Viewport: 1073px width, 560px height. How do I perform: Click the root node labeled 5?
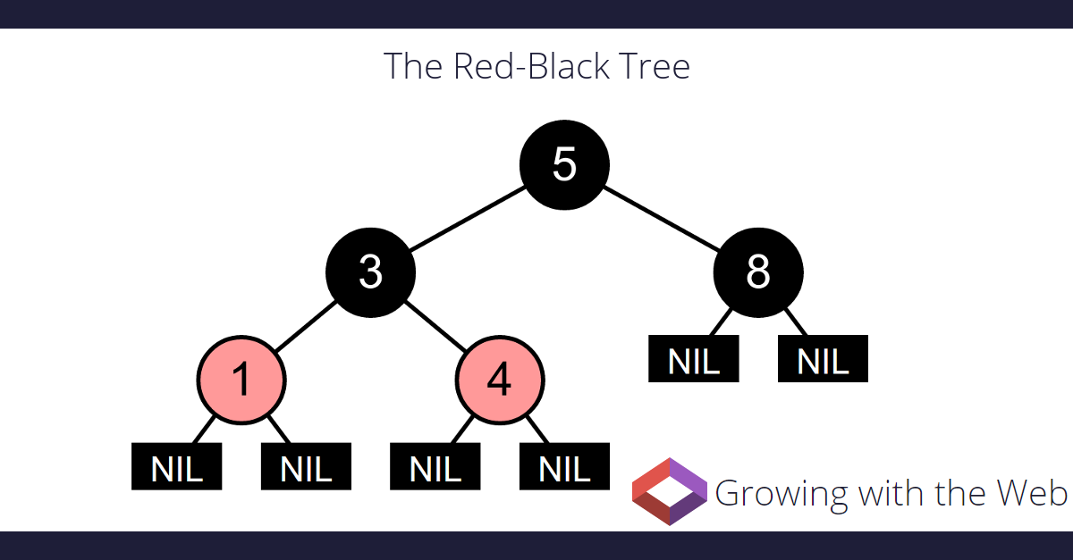tap(564, 164)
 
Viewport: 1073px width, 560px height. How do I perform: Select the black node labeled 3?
tap(370, 272)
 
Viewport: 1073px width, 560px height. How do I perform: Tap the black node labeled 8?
tap(758, 272)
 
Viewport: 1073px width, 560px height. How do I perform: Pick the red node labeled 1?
tap(241, 380)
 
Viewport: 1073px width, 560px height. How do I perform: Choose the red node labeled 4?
tap(500, 380)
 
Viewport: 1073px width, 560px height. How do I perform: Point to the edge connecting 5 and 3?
tap(467, 218)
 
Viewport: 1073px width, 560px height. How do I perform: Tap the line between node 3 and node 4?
tap(435, 326)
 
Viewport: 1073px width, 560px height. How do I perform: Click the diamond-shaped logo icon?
tap(669, 490)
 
